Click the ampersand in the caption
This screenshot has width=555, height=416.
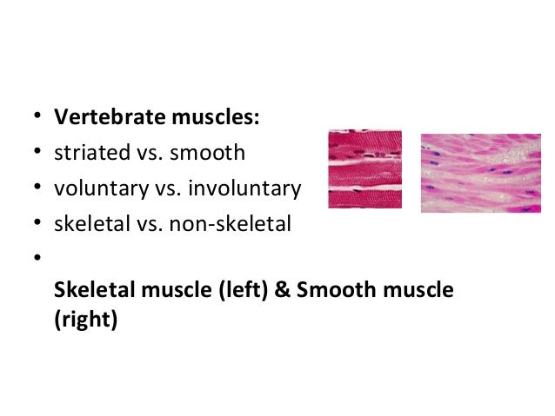[x=284, y=290]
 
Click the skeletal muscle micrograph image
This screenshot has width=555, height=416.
[x=364, y=168]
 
